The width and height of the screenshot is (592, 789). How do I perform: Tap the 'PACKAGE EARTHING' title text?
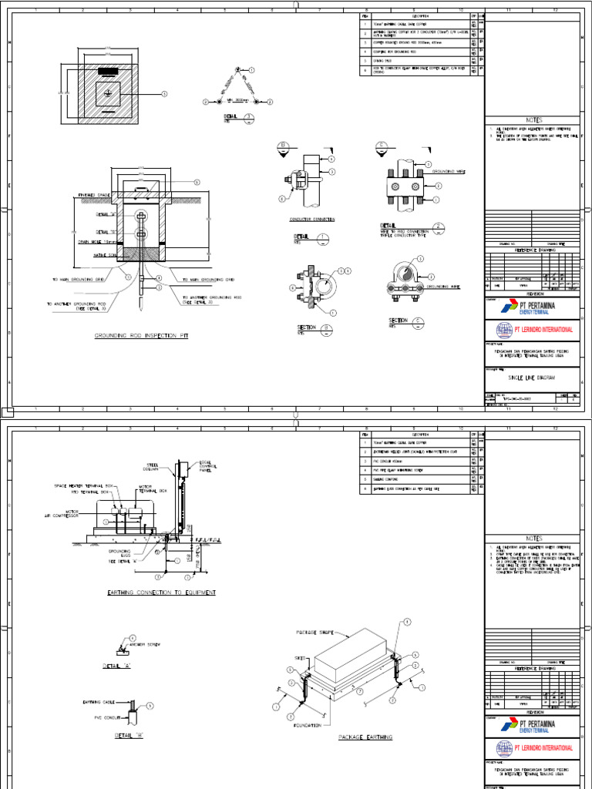pyautogui.click(x=365, y=737)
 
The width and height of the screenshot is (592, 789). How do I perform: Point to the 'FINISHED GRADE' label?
pyautogui.click(x=95, y=196)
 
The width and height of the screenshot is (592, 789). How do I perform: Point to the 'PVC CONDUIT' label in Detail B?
pyautogui.click(x=99, y=715)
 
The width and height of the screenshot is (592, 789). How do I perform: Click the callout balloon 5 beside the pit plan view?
pyautogui.click(x=163, y=93)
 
